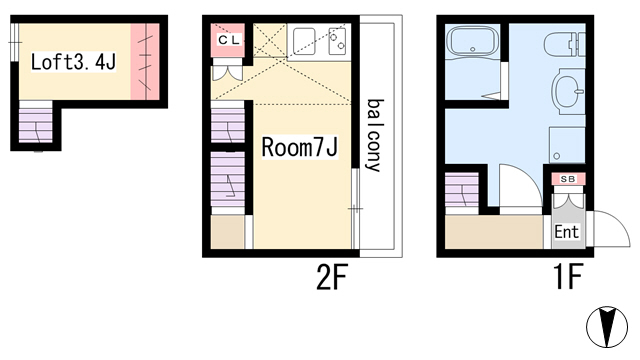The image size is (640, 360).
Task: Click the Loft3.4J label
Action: coord(73,62)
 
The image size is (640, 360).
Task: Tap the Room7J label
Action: coord(299,147)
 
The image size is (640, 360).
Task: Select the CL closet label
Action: coord(228,40)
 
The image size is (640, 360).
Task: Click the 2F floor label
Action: coord(331,277)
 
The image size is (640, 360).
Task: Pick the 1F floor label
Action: coord(567,277)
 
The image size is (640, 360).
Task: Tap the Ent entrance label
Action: coord(567,232)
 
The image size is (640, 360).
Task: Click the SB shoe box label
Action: coord(568,179)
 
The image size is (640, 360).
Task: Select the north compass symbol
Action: coord(607,327)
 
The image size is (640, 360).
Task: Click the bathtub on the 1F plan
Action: coord(473,42)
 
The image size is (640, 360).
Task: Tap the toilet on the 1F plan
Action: coord(564,44)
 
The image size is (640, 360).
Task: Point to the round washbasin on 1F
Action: coord(568,91)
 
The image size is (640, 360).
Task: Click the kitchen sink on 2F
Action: coord(304,41)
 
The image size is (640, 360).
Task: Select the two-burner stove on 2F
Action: coord(338,41)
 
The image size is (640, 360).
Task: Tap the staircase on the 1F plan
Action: coord(462,190)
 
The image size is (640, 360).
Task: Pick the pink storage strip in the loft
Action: coord(145,61)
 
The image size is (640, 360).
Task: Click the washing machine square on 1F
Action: coord(567,145)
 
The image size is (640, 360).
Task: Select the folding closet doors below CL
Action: coord(228,70)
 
